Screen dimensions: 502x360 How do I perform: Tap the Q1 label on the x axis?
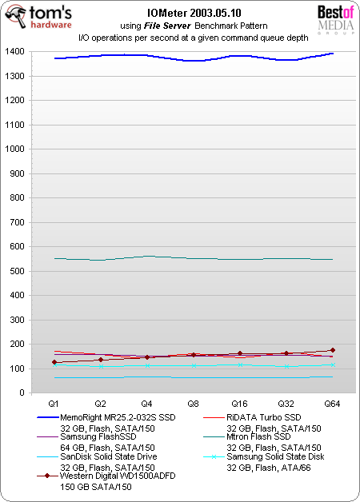coord(54,404)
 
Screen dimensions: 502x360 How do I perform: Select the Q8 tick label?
coord(194,404)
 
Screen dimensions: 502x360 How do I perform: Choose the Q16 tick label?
coord(240,404)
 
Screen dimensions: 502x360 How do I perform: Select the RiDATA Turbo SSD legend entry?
coord(263,417)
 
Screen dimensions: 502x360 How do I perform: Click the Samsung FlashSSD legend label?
coord(90,437)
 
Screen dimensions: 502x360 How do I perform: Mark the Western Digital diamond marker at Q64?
coord(333,350)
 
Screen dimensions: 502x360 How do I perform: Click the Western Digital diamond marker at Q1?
coord(54,362)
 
